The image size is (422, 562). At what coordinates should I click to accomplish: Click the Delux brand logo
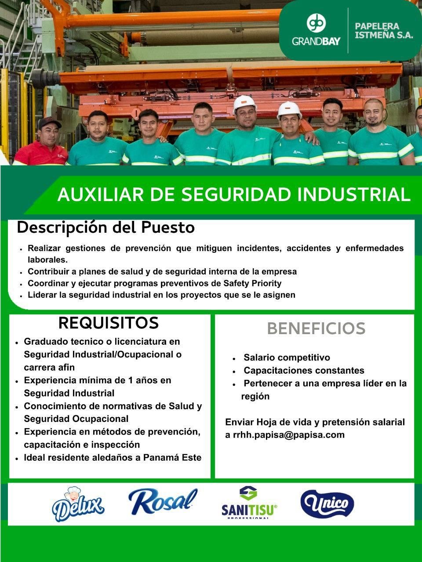pyautogui.click(x=78, y=504)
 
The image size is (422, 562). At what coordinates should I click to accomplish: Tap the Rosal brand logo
pyautogui.click(x=163, y=501)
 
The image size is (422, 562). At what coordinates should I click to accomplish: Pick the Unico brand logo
pyautogui.click(x=327, y=503)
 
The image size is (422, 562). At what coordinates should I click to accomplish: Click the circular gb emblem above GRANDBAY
pyautogui.click(x=316, y=23)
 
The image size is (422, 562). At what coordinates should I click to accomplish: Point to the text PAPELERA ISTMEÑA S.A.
pyautogui.click(x=384, y=30)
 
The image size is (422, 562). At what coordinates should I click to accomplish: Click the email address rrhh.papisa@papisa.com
pyautogui.click(x=289, y=435)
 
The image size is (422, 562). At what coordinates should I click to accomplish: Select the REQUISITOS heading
pyautogui.click(x=109, y=323)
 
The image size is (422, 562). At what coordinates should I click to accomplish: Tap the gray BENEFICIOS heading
pyautogui.click(x=316, y=328)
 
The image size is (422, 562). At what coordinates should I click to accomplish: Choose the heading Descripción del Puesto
pyautogui.click(x=106, y=228)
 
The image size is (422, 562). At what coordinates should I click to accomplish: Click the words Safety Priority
pyautogui.click(x=252, y=284)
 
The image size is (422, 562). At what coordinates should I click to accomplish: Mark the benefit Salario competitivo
pyautogui.click(x=287, y=357)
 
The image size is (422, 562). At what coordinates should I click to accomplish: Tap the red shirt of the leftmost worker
pyautogui.click(x=41, y=154)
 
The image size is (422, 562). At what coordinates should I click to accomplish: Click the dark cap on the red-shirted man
pyautogui.click(x=50, y=122)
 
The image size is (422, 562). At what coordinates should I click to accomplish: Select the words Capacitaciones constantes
pyautogui.click(x=304, y=371)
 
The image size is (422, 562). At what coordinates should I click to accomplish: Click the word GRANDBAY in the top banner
pyautogui.click(x=316, y=41)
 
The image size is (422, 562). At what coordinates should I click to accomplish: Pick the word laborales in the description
pyautogui.click(x=47, y=260)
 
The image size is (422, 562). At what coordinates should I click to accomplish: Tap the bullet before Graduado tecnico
pyautogui.click(x=17, y=343)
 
